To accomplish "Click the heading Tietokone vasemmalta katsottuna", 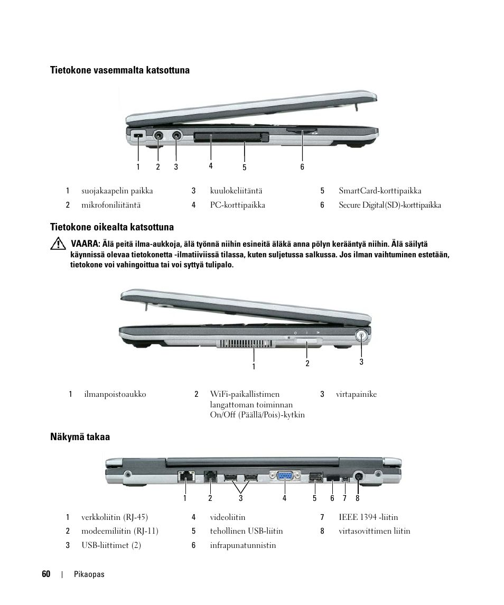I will coord(119,70).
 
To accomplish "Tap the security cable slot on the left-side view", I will coord(138,136).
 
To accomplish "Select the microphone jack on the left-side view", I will coord(158,135).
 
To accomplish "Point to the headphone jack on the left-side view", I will coord(176,135).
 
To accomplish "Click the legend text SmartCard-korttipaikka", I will coord(380,191).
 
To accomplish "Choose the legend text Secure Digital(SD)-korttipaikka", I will coord(389,205).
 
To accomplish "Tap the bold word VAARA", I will coord(85,244).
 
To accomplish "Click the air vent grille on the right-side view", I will coord(245,343).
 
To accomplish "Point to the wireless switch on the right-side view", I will coord(308,342).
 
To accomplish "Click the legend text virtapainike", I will coord(356,394).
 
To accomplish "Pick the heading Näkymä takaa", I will coord(80,437).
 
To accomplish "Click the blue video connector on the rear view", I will coord(284,476).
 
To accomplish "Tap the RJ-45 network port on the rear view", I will coord(186,476).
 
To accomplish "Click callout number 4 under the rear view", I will coord(284,498).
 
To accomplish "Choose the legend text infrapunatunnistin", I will coord(242,545).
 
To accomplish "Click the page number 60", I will coord(46,574).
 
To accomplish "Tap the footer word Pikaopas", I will coord(89,575).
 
